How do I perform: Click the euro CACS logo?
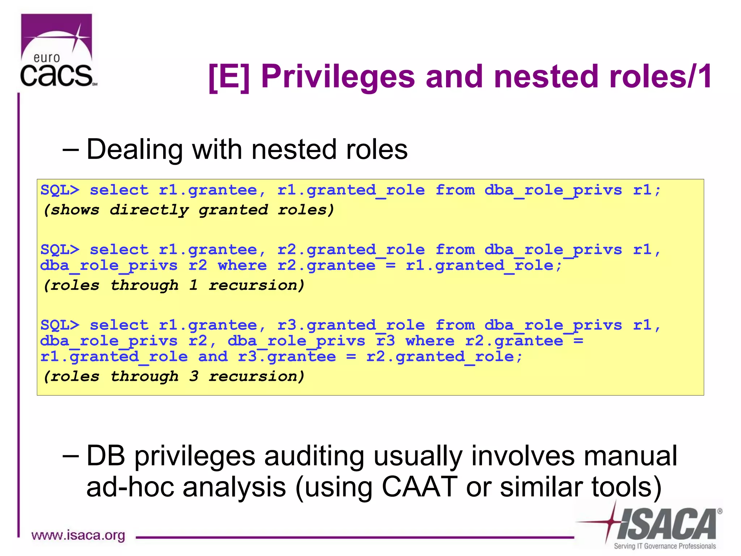point(57,51)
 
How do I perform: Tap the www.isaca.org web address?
point(78,535)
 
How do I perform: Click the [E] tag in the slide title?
point(229,77)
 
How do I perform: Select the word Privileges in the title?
point(338,77)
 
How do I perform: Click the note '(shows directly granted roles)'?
point(188,210)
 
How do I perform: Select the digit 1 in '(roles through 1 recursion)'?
point(194,285)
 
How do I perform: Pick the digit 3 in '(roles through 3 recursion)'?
point(194,376)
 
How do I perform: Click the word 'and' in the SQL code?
point(213,357)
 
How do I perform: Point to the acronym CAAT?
point(420,487)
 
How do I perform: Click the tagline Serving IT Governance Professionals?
point(665,546)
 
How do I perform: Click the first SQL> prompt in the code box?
point(60,190)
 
